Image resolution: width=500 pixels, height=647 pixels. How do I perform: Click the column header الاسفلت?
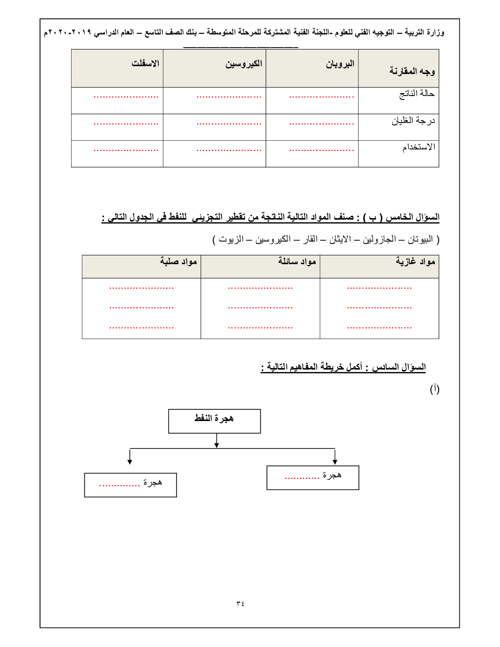coord(145,64)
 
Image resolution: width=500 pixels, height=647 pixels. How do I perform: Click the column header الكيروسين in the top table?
coord(244,64)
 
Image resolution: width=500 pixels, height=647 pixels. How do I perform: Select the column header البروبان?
coord(340,64)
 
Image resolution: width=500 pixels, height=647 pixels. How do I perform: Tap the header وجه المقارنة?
coord(412,71)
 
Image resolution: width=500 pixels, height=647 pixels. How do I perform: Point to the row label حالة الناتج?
coord(417,94)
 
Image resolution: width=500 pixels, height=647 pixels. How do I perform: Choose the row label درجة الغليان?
coord(413,121)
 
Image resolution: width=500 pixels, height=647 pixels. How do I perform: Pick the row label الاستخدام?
coord(419,147)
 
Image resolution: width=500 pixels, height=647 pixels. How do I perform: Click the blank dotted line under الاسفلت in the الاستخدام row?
coord(126,150)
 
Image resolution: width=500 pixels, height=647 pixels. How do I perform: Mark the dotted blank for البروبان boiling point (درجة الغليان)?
coord(322,124)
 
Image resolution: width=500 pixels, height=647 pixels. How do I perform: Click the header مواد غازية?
coord(415,262)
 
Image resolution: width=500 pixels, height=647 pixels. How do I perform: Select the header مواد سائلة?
coord(297,262)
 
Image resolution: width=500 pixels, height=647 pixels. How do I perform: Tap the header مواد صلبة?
coord(178,262)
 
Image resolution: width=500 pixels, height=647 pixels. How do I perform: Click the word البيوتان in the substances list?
coord(420,240)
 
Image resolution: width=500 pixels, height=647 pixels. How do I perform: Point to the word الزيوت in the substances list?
coord(231,240)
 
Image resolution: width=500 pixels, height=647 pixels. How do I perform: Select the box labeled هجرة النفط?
coord(214,421)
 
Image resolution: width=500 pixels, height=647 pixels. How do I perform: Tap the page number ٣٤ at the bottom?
coord(240,603)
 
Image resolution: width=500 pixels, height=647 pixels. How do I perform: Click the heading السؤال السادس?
coord(399,367)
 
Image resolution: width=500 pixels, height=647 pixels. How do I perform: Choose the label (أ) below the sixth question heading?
coord(434,389)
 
